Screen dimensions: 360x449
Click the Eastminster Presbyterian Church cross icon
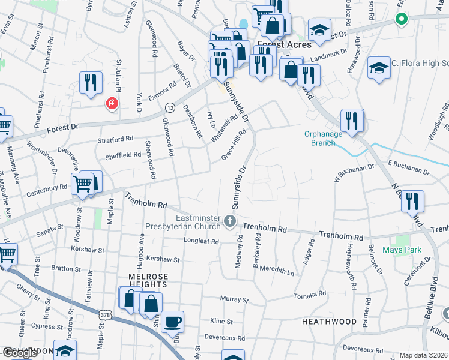229,223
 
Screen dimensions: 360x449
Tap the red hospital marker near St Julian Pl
112,104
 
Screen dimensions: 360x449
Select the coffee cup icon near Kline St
173,322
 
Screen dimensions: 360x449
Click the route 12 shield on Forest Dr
170,107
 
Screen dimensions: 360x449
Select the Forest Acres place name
285,44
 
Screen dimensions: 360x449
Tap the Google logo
19,353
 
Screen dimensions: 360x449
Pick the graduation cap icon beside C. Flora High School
379,67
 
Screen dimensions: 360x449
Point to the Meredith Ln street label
277,272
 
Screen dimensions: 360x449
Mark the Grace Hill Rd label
234,145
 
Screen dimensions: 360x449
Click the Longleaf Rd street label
201,241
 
